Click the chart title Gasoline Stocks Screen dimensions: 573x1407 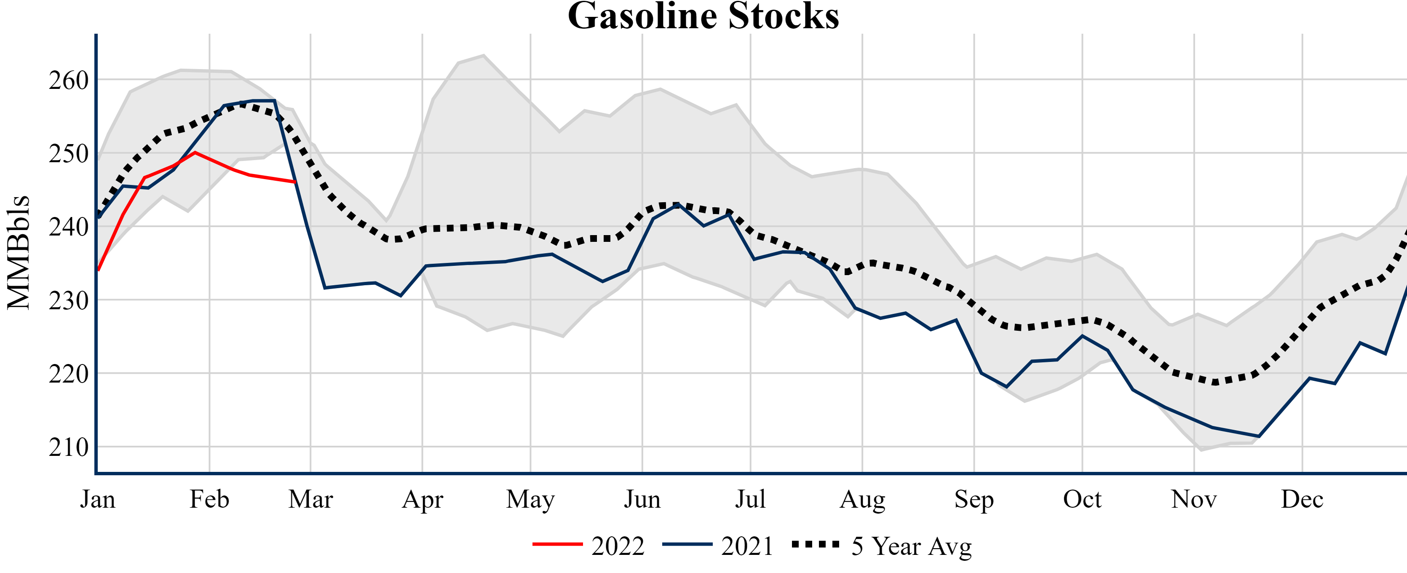(x=703, y=16)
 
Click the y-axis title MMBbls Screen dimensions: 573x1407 (x=19, y=252)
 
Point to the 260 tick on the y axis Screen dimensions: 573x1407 (x=69, y=81)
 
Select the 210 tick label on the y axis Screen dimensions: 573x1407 (x=69, y=448)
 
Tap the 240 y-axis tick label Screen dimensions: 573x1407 (x=69, y=227)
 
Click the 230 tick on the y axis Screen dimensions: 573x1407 (x=69, y=301)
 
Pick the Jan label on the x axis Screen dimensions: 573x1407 (x=98, y=499)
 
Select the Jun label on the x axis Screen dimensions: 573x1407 (x=642, y=499)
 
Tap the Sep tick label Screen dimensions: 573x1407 (x=974, y=499)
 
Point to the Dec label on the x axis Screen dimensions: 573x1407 (x=1302, y=499)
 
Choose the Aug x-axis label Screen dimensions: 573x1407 (x=862, y=499)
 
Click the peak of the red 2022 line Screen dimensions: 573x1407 (x=195, y=153)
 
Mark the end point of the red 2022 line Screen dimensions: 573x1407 (x=295, y=182)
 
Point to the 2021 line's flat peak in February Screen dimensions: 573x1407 (x=263, y=101)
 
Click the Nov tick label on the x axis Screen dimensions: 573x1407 (x=1194, y=499)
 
